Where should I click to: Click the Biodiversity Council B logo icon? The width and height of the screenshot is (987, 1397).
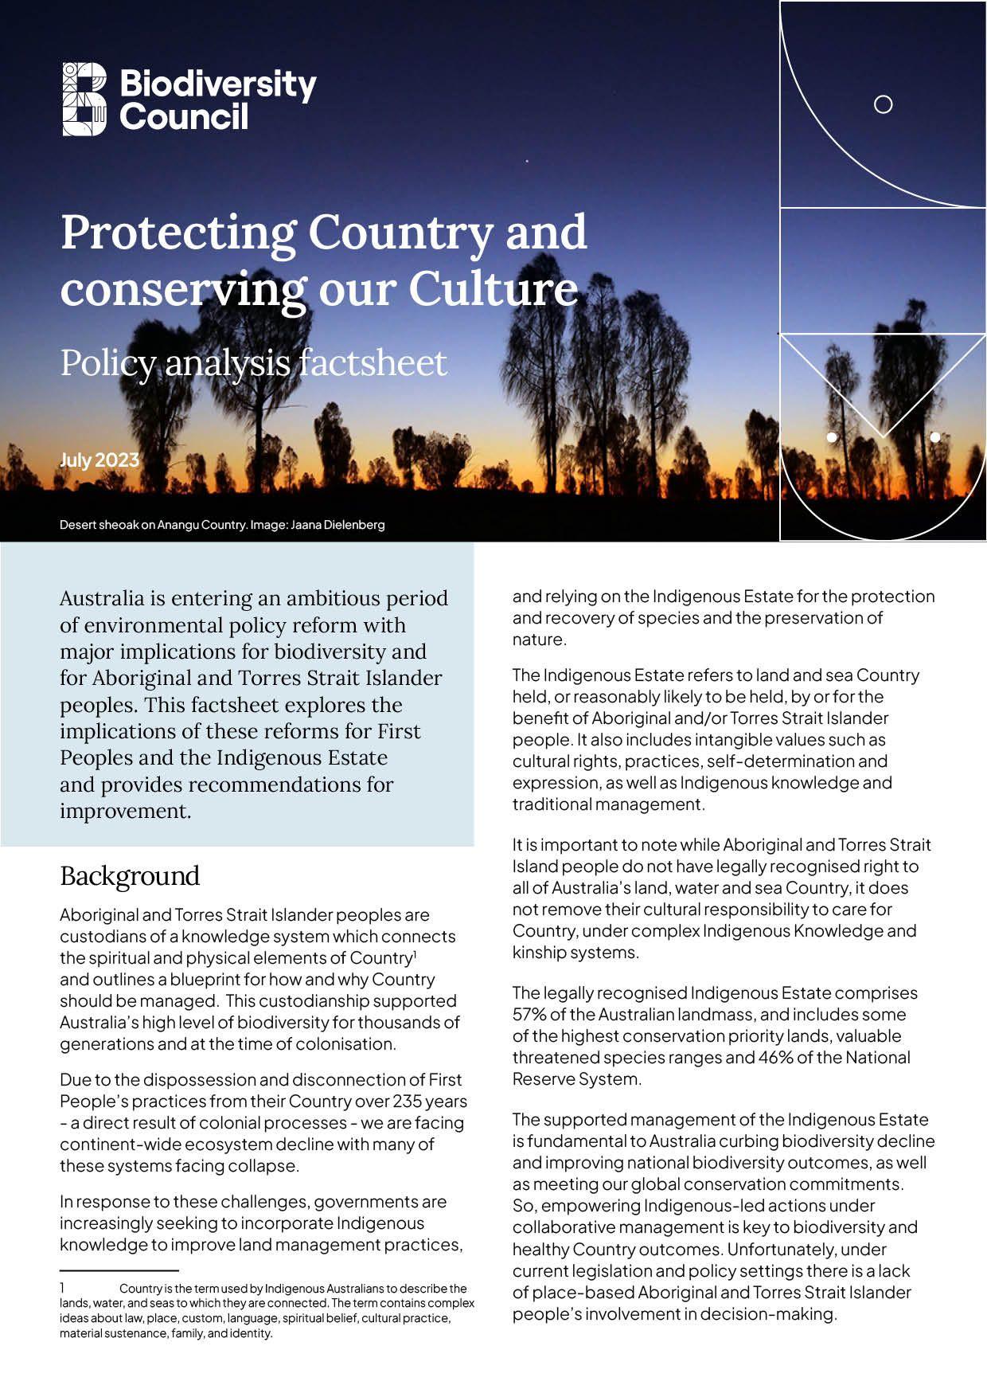pos(84,99)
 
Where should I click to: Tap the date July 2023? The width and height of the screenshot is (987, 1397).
pos(99,460)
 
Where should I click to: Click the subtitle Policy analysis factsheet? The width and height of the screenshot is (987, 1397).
pos(253,363)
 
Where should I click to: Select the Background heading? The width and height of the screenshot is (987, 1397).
pos(130,876)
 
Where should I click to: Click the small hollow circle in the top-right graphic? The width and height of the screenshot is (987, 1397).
pos(883,104)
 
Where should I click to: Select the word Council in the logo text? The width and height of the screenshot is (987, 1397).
pos(184,117)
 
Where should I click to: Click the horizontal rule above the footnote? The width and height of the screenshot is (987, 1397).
pos(119,1270)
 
